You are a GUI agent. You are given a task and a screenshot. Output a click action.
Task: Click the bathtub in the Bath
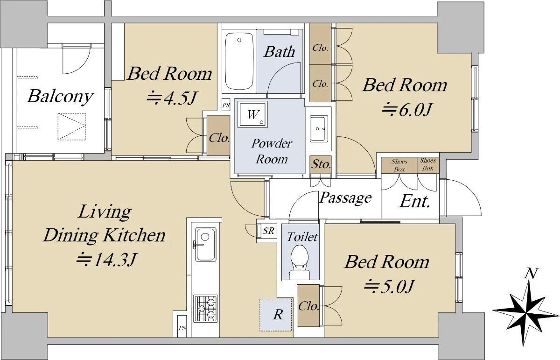pyautogui.click(x=239, y=61)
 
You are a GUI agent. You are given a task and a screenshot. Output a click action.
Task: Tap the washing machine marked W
pyautogui.click(x=252, y=114)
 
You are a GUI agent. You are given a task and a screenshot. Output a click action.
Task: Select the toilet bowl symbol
pyautogui.click(x=300, y=262)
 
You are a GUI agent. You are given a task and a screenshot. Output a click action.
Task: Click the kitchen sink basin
pyautogui.click(x=205, y=244)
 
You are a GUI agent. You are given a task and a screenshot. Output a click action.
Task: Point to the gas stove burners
pyautogui.click(x=205, y=308)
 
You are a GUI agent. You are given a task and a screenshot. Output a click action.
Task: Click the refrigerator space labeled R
pyautogui.click(x=276, y=315)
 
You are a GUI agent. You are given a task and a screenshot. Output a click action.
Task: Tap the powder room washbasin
pyautogui.click(x=319, y=128)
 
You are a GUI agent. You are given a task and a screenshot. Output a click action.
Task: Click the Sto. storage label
pyautogui.click(x=321, y=164)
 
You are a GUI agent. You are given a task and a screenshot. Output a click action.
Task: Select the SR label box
pyautogui.click(x=268, y=230)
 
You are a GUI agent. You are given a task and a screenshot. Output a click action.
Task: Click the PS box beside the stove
pyautogui.click(x=182, y=326)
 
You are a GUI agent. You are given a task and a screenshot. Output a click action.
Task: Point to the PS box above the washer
pyautogui.click(x=226, y=105)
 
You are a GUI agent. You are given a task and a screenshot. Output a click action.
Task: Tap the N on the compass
pyautogui.click(x=531, y=274)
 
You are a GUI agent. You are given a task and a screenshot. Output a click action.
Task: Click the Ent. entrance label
pyautogui.click(x=415, y=201)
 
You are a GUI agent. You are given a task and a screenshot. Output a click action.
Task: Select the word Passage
pyautogui.click(x=345, y=198)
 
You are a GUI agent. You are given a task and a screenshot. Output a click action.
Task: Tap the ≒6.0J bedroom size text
pyautogui.click(x=407, y=109)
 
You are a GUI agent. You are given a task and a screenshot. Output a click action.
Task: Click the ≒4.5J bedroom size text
pyautogui.click(x=172, y=99)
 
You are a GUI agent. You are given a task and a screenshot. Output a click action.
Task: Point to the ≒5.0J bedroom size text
pyautogui.click(x=389, y=286)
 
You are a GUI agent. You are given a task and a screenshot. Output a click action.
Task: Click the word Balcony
pyautogui.click(x=60, y=96)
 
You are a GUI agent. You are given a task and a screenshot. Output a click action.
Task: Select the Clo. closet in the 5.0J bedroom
pyautogui.click(x=308, y=305)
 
